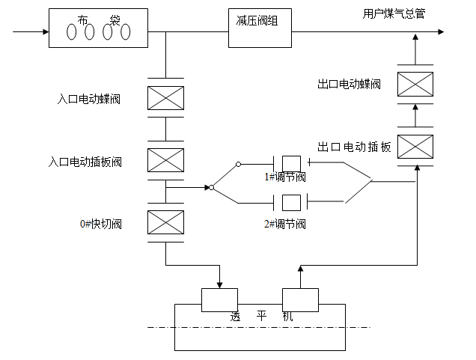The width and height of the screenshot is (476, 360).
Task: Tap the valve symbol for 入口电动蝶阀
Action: pos(166,97)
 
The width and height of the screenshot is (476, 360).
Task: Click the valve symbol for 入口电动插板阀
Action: pos(166,160)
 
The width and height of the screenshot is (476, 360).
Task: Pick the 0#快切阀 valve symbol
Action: pos(166,222)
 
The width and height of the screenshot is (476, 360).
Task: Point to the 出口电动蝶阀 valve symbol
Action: pos(415,84)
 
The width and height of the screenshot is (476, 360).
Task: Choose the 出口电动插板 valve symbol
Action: pos(415,145)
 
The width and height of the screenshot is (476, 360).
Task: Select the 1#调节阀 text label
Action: pos(285,177)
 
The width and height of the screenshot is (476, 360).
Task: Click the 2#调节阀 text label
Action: pos(285,224)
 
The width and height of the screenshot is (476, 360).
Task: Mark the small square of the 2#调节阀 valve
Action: pos(291,201)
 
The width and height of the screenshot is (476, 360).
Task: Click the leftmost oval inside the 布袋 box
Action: pos(73,32)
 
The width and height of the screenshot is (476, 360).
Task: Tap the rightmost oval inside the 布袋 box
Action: pos(125,32)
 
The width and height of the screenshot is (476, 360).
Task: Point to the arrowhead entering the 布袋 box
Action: pos(44,32)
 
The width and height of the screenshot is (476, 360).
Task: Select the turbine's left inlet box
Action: pos(219,299)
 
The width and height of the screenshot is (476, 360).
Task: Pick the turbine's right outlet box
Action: pos(300,299)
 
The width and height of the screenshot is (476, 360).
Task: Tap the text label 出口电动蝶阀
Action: pos(349,85)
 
